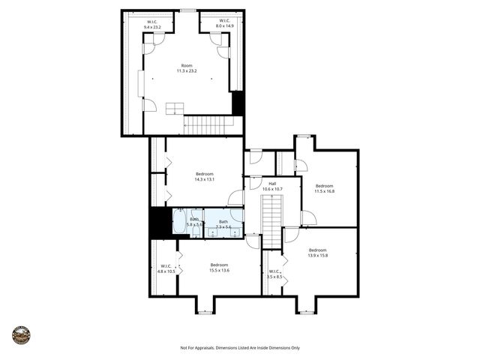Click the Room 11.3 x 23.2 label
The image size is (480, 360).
point(187,68)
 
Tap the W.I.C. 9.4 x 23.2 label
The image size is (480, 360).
point(153,24)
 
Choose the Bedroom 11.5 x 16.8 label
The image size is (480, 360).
point(324,188)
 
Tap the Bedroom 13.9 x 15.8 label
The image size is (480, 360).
point(317,252)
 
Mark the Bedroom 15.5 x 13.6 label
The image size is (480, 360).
point(219,267)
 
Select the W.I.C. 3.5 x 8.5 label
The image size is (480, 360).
point(274,274)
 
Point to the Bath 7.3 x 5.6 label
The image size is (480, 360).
point(223,223)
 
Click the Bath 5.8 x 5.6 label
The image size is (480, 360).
point(193,222)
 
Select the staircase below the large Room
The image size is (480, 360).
point(208,124)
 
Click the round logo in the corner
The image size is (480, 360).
point(21,335)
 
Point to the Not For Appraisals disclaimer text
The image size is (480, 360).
point(240,348)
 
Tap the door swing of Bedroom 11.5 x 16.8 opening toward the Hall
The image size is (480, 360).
point(307,218)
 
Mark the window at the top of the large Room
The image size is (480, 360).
point(188,10)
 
